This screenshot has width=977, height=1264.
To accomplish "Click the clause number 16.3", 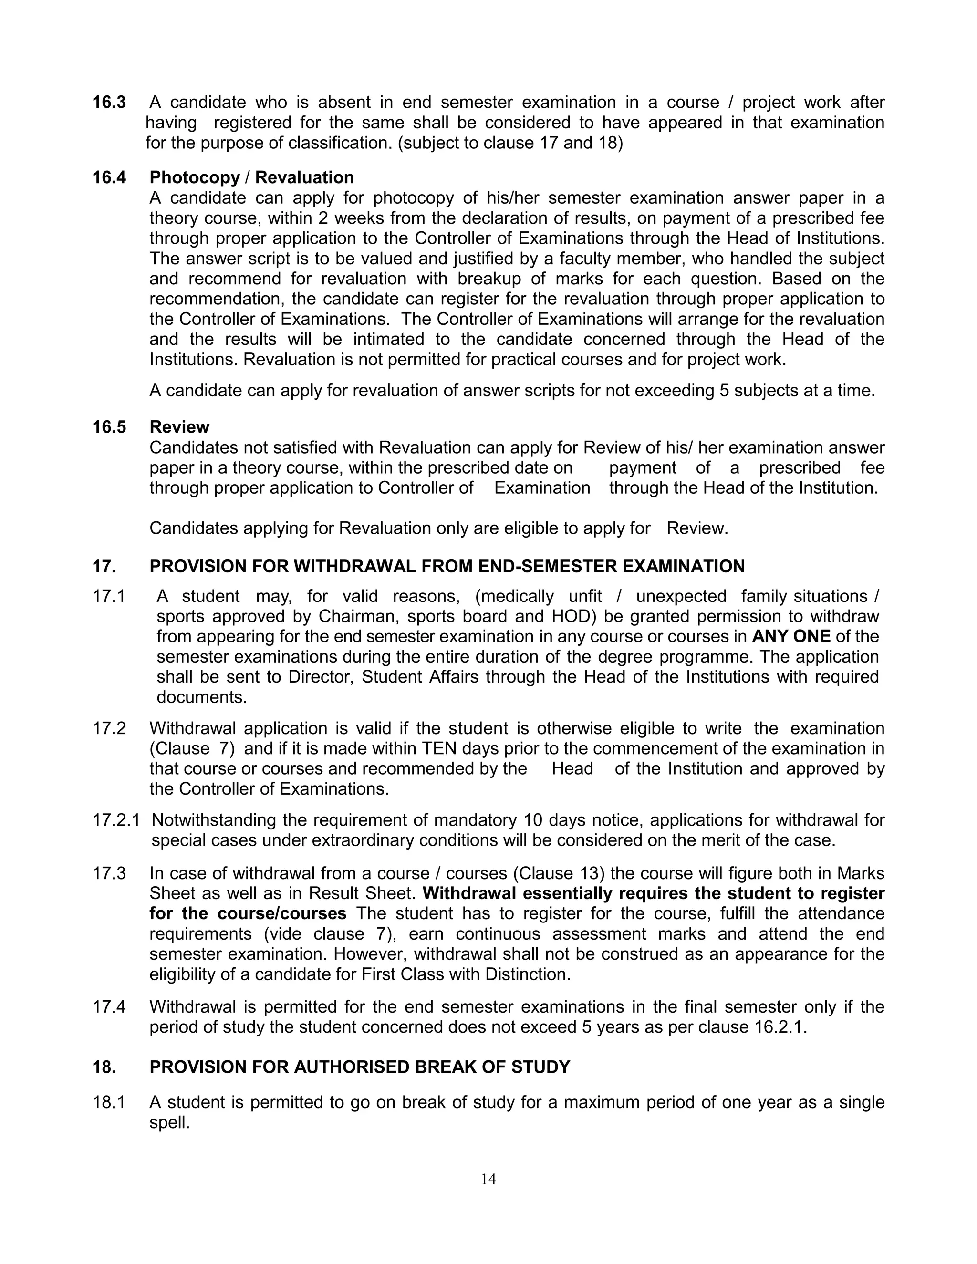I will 109,103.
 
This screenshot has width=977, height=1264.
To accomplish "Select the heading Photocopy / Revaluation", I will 251,177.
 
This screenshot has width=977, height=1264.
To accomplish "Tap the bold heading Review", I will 179,427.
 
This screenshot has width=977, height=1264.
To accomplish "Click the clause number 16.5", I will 109,427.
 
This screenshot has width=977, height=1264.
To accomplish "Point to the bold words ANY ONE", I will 790,637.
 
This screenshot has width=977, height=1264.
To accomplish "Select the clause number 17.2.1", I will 116,820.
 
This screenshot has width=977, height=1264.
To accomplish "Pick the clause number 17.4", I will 109,1006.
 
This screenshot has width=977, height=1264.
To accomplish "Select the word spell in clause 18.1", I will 169,1122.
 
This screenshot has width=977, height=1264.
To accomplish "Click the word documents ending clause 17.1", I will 201,697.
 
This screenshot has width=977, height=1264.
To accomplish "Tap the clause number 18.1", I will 109,1102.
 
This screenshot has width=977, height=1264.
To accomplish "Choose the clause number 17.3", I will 109,873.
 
